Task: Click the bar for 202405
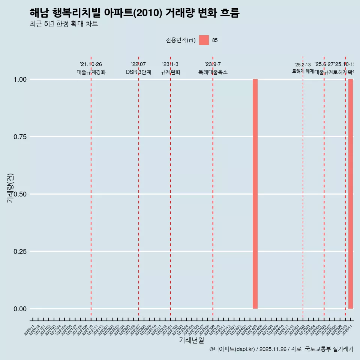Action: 255,193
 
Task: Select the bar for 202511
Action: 351,193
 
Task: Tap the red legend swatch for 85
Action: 204,40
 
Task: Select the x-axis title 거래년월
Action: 191,340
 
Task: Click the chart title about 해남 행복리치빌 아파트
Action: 134,13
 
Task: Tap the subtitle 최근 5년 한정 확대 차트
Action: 64,24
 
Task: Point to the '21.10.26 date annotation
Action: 91,64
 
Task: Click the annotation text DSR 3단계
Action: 138,72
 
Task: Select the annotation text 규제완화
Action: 171,72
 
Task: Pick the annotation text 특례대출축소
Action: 213,72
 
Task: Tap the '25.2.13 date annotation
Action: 303,65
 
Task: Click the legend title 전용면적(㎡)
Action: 180,40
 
